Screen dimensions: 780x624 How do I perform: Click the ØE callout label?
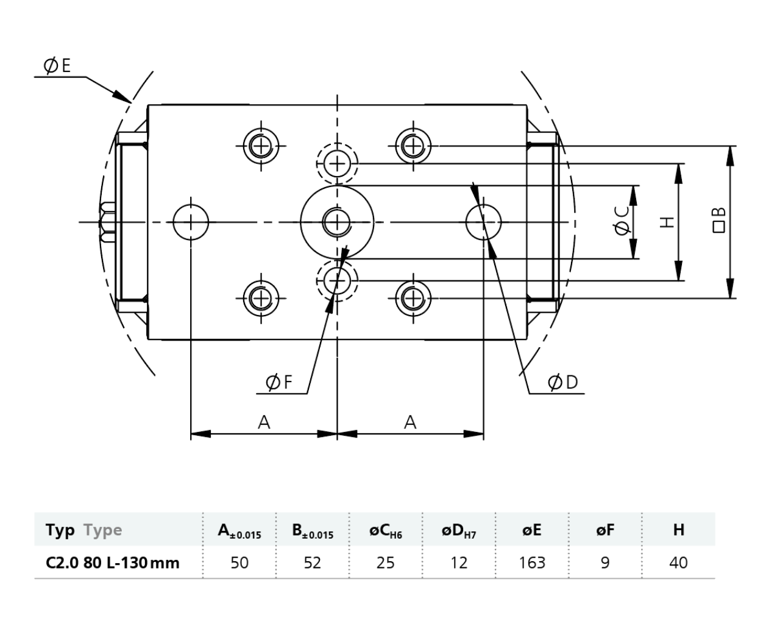57,66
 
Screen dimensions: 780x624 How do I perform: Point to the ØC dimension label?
622,221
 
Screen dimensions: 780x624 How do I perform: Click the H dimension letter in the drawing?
667,222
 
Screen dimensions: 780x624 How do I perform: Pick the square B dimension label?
718,220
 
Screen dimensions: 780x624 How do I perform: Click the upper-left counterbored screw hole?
261,146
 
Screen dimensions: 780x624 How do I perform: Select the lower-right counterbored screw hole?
413,299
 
